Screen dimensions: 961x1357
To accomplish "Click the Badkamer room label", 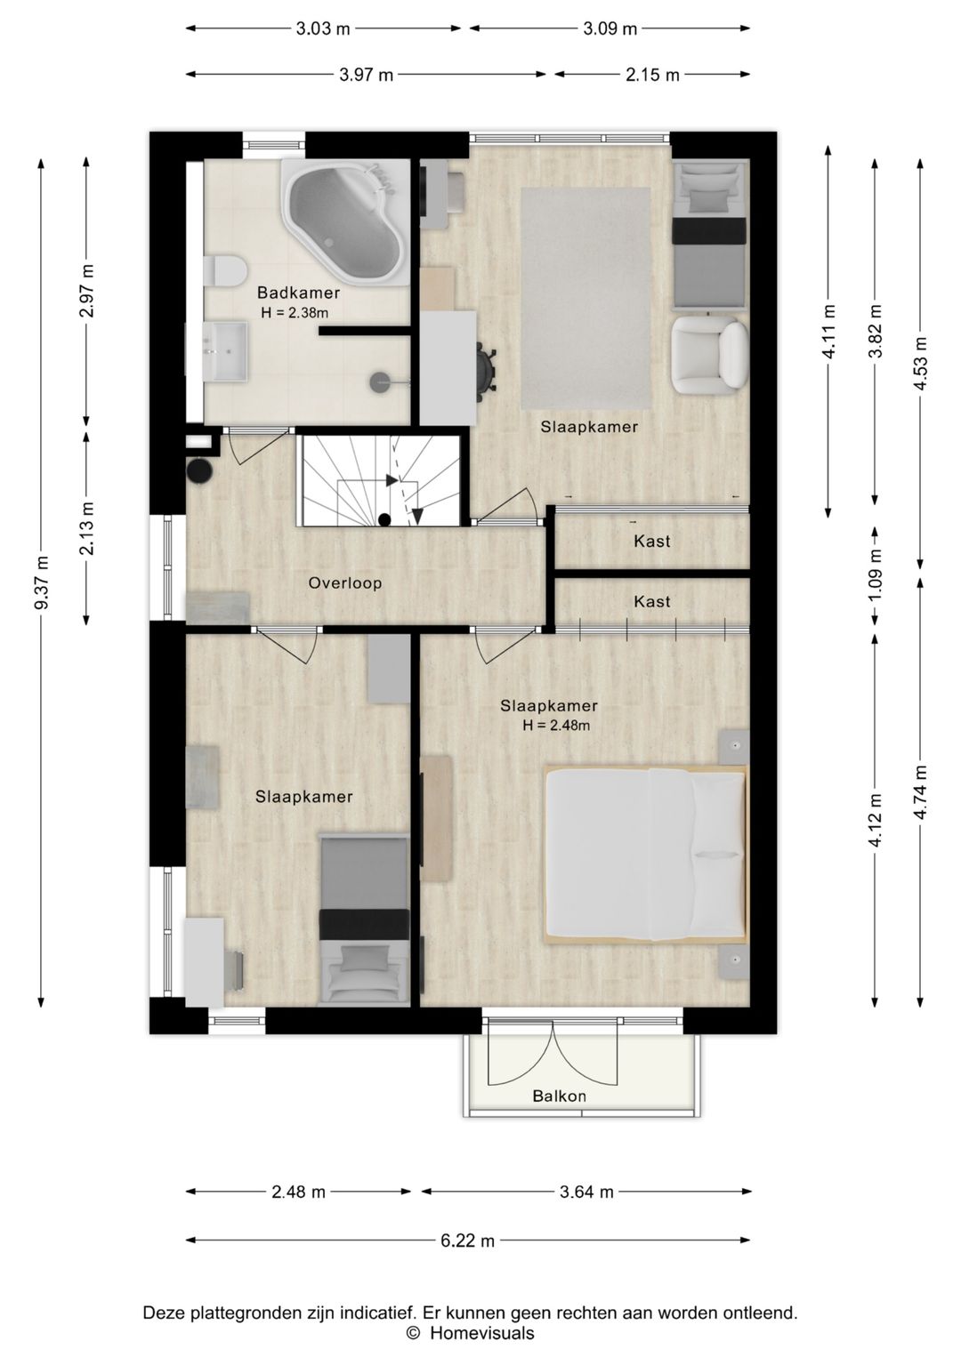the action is click(x=298, y=293).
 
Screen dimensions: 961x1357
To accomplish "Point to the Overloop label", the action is click(x=345, y=583).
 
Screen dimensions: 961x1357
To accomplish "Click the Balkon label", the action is click(x=560, y=1096).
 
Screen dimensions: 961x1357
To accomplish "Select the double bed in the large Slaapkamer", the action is click(x=646, y=855).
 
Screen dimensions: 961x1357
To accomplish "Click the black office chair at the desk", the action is click(x=486, y=368).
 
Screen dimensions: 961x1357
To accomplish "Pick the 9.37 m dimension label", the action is click(x=41, y=582).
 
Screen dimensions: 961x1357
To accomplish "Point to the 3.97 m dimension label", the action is click(x=366, y=75).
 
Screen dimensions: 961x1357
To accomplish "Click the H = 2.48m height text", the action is click(x=556, y=725).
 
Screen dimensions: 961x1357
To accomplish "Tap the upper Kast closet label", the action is click(x=651, y=541).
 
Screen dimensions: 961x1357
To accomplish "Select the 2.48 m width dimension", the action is click(x=298, y=1192).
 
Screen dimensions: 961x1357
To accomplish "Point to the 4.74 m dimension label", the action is click(x=920, y=792).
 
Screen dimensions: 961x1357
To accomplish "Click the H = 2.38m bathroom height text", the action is click(x=295, y=313).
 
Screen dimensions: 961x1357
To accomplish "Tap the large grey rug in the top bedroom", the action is click(x=585, y=298).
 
